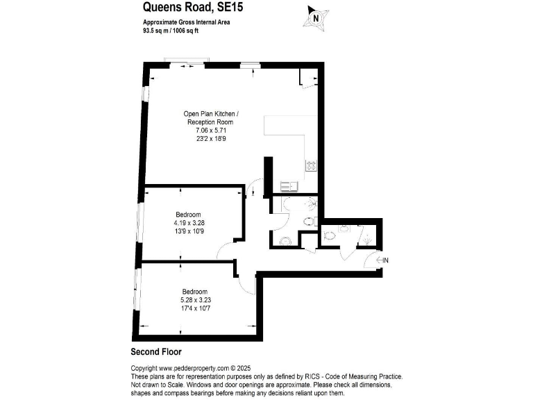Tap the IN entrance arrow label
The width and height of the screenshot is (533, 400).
click(x=385, y=260)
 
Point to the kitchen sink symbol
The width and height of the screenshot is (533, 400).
click(x=288, y=185)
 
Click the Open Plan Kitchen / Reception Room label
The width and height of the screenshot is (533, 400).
click(x=212, y=117)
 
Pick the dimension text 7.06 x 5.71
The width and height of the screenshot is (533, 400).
click(x=211, y=130)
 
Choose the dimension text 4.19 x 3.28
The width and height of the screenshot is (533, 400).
click(x=189, y=223)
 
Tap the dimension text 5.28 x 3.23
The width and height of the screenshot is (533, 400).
click(x=195, y=299)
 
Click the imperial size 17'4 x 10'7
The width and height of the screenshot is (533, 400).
click(x=195, y=308)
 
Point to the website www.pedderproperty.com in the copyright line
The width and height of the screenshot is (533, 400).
click(x=194, y=368)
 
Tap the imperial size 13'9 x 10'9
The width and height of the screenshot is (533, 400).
click(x=189, y=231)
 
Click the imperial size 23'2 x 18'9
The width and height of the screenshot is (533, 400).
click(x=211, y=138)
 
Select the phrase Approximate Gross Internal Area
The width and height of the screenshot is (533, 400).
click(x=182, y=22)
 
